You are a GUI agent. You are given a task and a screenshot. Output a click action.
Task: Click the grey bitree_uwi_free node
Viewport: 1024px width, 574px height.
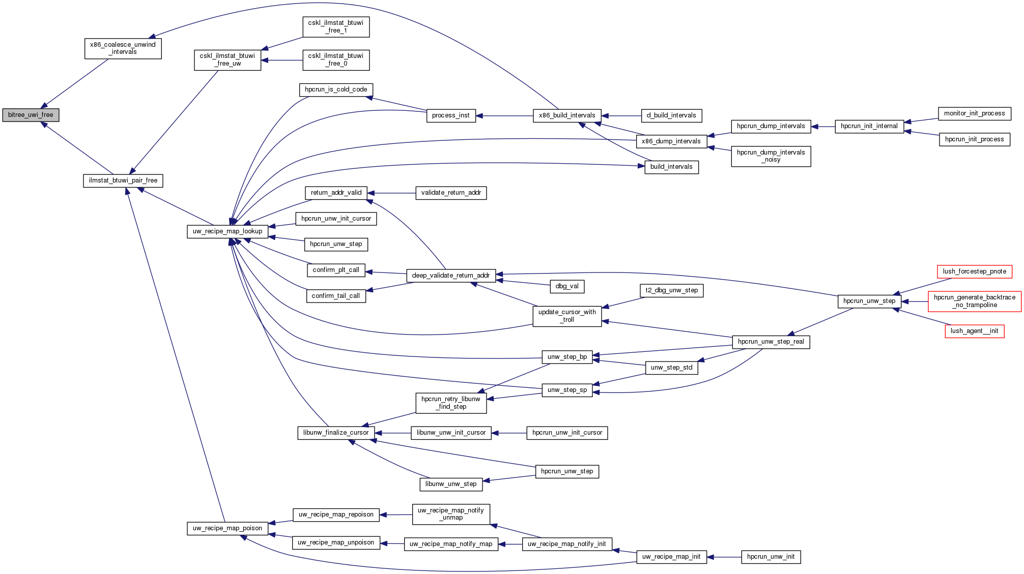pos(31,115)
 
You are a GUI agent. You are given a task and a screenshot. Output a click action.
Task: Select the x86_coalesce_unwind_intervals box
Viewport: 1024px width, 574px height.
pos(123,48)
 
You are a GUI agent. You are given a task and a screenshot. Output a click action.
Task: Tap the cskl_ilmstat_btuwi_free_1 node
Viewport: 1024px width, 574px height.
pos(336,26)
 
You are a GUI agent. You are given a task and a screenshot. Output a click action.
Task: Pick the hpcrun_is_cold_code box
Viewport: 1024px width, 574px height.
pos(336,89)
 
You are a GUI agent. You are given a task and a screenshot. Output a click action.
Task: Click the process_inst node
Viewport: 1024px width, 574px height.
pos(450,115)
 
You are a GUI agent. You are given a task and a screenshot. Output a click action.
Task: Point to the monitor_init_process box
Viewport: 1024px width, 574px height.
pos(974,113)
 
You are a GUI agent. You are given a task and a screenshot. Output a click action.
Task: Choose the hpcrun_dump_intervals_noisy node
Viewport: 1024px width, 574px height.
pos(771,156)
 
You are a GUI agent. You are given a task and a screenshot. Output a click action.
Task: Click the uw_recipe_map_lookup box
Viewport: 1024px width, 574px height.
pos(227,231)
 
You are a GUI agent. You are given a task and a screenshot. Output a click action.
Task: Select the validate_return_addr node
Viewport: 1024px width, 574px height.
pos(451,193)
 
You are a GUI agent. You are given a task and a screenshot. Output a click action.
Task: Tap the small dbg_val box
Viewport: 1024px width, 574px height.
pos(567,286)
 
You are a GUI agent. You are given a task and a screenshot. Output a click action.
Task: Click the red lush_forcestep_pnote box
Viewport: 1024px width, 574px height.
pos(974,271)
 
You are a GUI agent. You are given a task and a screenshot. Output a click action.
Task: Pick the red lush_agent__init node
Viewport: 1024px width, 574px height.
pos(974,331)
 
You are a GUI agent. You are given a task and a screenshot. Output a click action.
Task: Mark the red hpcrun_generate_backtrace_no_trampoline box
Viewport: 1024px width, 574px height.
pos(974,301)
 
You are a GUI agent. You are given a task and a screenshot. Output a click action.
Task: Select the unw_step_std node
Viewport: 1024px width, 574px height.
pos(671,368)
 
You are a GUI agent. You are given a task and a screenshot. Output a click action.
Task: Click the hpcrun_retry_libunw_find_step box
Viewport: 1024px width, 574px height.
pos(450,403)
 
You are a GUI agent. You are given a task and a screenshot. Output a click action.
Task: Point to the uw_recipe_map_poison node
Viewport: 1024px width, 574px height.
pos(227,528)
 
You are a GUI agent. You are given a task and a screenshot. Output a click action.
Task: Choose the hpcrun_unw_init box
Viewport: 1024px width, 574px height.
pos(771,557)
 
